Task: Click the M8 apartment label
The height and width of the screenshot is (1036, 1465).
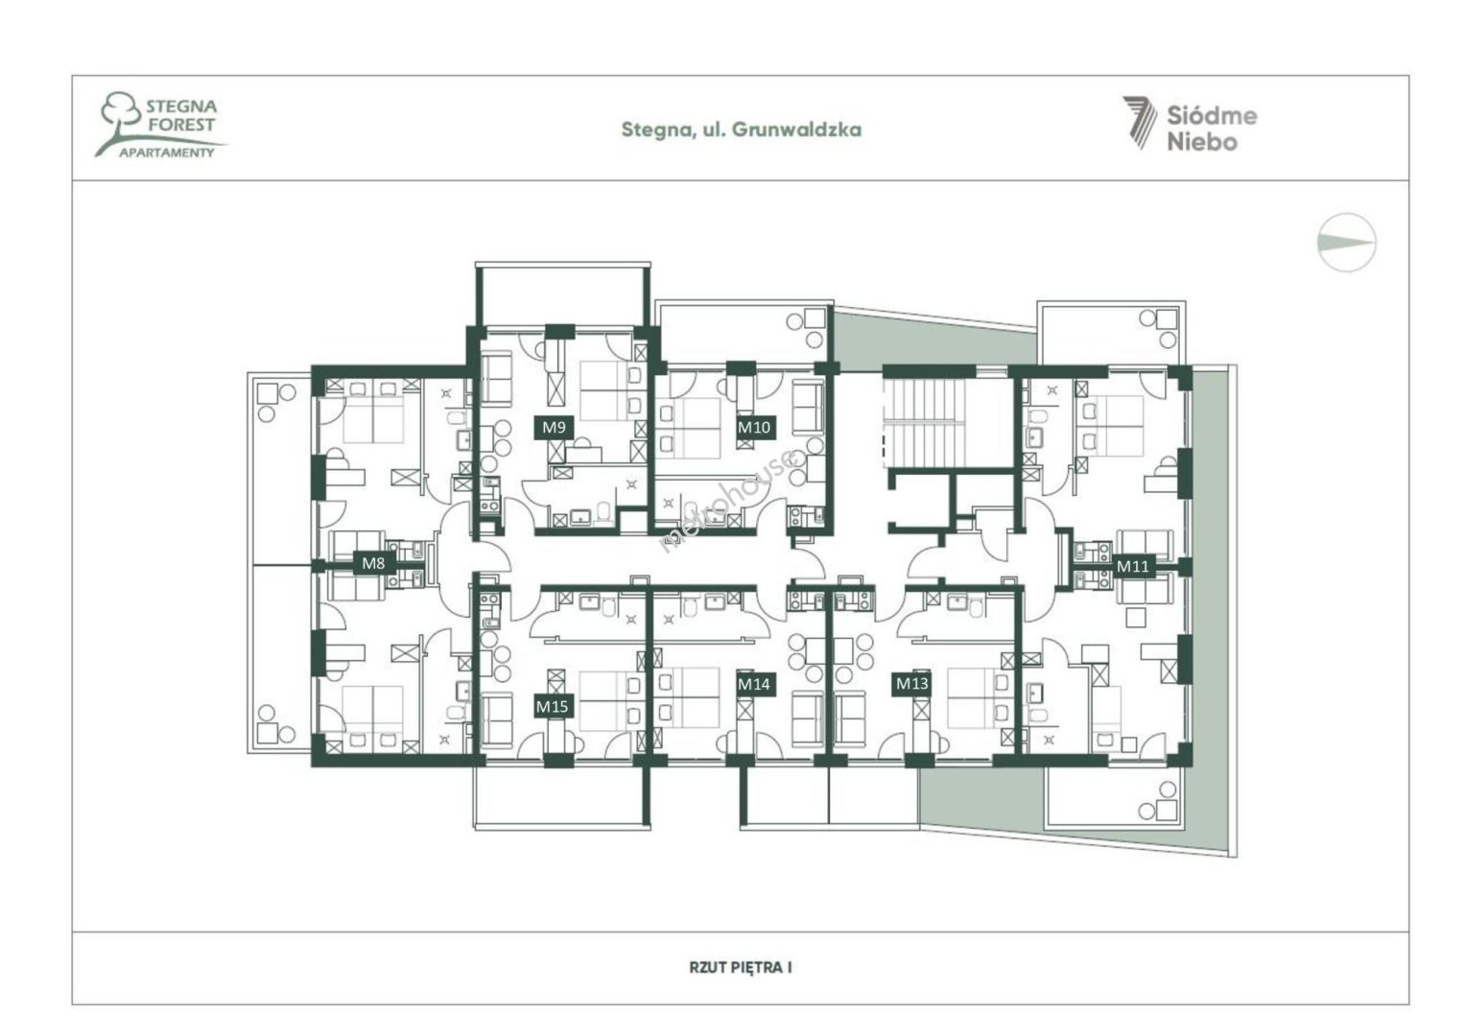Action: coord(373,562)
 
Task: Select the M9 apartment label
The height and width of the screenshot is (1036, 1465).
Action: coord(554,428)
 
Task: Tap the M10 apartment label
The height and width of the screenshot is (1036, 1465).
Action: coord(754,428)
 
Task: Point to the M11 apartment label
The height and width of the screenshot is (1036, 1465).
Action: coord(1132,566)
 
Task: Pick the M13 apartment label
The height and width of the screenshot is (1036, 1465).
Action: coord(912,684)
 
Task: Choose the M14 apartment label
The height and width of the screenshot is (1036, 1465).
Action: coord(754,685)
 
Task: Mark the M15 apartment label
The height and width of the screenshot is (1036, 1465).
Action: coord(553,706)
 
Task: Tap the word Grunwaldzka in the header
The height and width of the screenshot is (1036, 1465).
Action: coord(796,129)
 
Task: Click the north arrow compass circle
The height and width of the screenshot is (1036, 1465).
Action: coord(1347,243)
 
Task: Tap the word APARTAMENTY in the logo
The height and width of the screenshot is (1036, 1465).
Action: coord(167,153)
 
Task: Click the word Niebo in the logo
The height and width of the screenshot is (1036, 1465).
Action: coord(1203,141)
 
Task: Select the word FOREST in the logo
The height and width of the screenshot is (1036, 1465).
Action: coord(180,125)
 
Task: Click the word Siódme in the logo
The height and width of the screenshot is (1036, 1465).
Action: coord(1212,116)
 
